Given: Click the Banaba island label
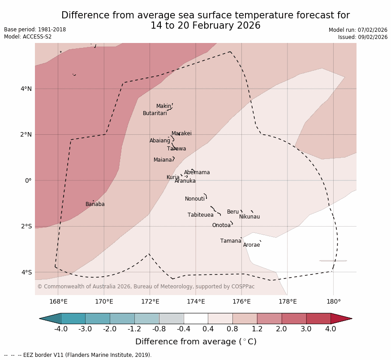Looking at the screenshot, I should [x=95, y=205].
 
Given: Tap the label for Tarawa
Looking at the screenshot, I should [x=176, y=149].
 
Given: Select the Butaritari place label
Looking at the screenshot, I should [x=155, y=114].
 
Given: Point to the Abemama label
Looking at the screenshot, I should [x=197, y=173].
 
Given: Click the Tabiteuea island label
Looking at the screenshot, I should [x=201, y=215].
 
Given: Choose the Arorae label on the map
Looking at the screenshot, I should [x=251, y=245].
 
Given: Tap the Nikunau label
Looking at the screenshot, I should [x=249, y=217].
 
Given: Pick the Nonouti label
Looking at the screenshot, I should [x=195, y=199].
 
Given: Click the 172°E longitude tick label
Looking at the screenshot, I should [x=150, y=301].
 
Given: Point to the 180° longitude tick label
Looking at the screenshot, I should [x=333, y=301].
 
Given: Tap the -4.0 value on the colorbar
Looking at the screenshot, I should [x=61, y=329].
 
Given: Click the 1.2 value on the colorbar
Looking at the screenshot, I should [x=257, y=329].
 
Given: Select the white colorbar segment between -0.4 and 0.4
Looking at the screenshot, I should [x=196, y=318].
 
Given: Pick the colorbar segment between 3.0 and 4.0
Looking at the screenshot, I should [x=318, y=318].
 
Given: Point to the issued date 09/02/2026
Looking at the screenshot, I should [x=373, y=37].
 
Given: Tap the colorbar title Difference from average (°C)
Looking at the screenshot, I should [x=196, y=342].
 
